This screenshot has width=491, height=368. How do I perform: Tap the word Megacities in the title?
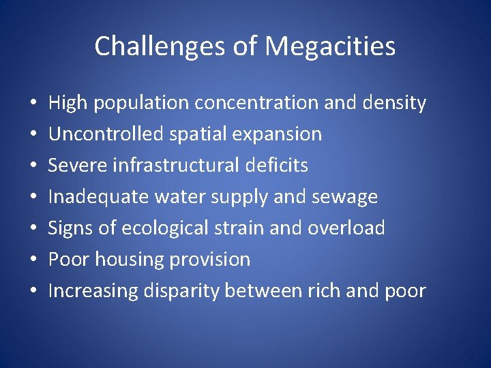pyautogui.click(x=330, y=46)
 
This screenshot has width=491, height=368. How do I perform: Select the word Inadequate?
pyautogui.click(x=99, y=197)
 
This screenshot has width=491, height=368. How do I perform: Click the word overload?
pyautogui.click(x=346, y=228)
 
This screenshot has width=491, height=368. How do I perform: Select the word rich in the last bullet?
pyautogui.click(x=326, y=291)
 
